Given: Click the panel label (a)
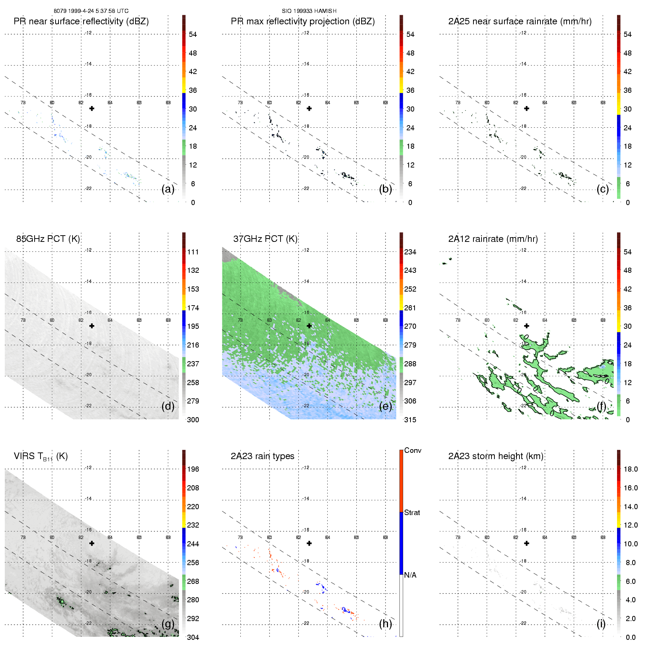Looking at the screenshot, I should [x=168, y=189].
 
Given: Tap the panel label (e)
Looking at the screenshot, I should [x=385, y=406].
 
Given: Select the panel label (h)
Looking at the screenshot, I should [x=385, y=624].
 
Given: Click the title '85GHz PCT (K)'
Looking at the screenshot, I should [x=48, y=239].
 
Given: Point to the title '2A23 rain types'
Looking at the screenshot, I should [x=262, y=456].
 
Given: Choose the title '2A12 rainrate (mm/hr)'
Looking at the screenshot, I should [x=493, y=239].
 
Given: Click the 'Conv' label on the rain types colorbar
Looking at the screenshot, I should [x=413, y=451].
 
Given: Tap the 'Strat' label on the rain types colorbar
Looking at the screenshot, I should [x=412, y=513].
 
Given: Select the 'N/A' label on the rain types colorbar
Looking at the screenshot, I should [x=410, y=575].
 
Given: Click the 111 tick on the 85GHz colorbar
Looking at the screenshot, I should [x=193, y=252].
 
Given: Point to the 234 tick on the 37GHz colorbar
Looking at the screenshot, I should [x=410, y=252].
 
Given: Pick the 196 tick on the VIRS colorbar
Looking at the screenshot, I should [x=193, y=469].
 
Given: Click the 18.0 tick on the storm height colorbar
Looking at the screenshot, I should [x=631, y=469].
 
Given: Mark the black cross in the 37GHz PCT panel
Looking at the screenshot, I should [x=309, y=326].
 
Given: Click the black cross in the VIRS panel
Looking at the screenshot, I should [x=92, y=543].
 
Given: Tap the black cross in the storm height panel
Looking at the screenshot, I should [x=527, y=543].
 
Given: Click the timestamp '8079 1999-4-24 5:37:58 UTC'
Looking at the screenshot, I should [x=91, y=11].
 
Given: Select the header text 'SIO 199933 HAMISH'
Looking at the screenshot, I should [x=309, y=11].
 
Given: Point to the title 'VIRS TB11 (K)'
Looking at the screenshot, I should [x=41, y=457].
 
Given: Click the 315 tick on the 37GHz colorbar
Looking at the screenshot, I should [x=410, y=420].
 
